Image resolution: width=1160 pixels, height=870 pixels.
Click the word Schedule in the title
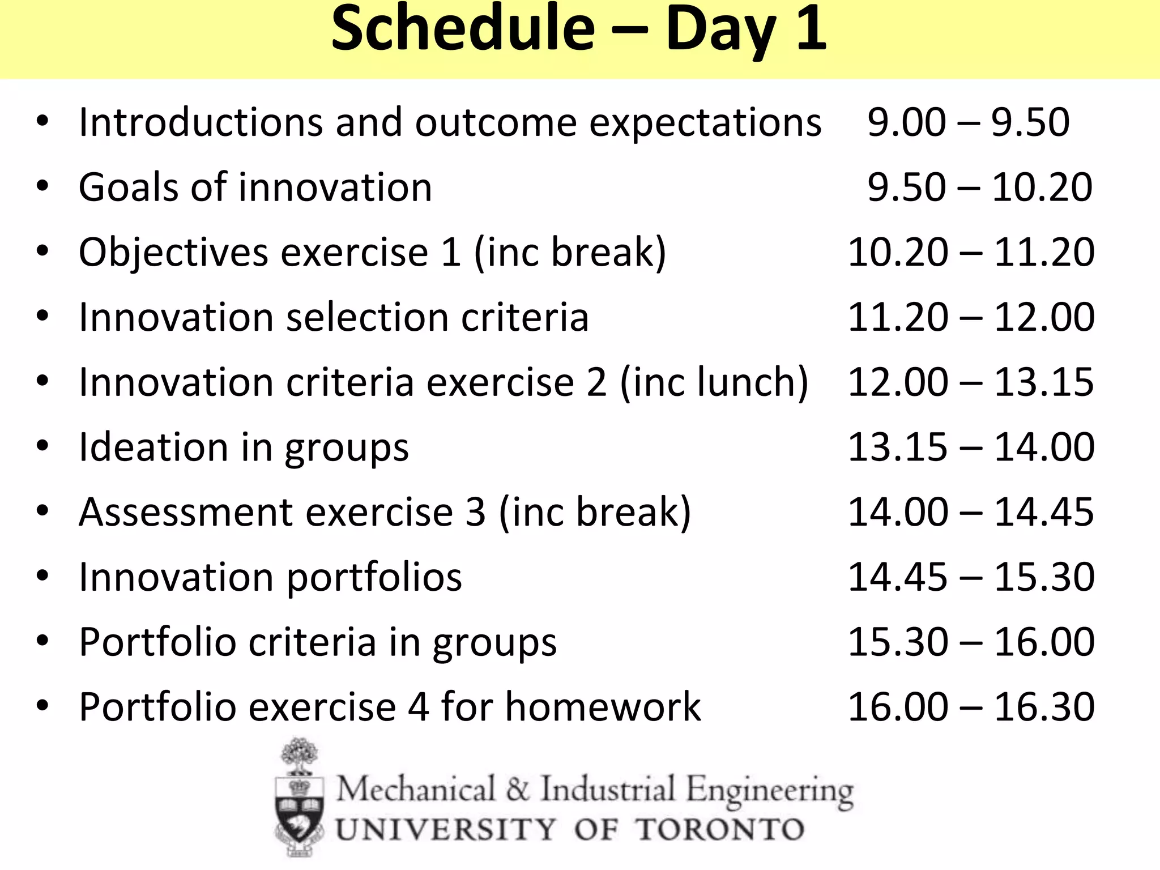pos(463,28)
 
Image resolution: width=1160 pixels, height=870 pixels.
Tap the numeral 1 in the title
pos(811,28)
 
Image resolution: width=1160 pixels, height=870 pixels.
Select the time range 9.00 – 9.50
pos(969,122)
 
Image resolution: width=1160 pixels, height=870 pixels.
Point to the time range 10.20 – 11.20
pos(971,253)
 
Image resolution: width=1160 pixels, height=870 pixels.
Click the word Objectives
pos(173,253)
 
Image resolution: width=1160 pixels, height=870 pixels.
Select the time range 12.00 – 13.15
pos(971,382)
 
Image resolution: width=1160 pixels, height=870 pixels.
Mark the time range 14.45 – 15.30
pos(971,577)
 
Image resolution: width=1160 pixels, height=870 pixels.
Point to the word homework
pos(603,707)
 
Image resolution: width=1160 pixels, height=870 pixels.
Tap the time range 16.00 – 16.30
pos(971,707)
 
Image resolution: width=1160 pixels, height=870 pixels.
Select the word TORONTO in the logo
pos(719,830)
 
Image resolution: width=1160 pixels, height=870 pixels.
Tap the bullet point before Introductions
pos(42,122)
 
